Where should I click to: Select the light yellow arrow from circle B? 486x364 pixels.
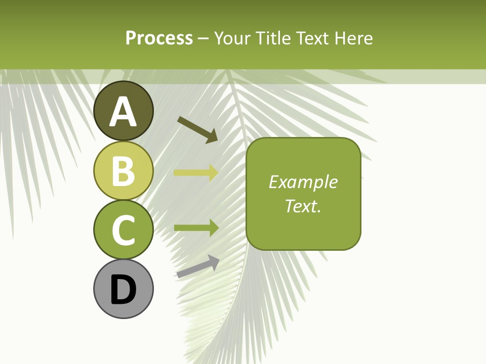click(196, 173)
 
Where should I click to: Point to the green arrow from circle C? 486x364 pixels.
click(196, 227)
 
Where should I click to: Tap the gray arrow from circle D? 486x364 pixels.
click(198, 267)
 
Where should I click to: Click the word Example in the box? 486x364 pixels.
click(303, 182)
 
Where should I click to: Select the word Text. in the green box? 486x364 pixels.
click(303, 206)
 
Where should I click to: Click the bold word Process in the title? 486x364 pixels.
click(159, 38)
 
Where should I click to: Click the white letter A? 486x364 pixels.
click(123, 112)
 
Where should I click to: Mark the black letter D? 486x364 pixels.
click(123, 290)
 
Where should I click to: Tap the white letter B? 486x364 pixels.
click(123, 171)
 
